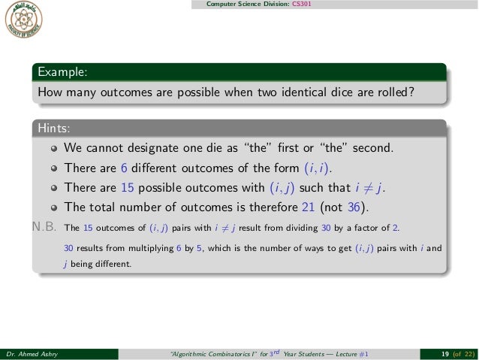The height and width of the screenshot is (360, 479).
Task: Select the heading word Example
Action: click(x=59, y=73)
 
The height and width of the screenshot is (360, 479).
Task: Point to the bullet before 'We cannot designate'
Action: click(x=53, y=147)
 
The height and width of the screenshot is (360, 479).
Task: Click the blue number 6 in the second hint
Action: click(x=125, y=167)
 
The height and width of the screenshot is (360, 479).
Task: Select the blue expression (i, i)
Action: click(x=310, y=167)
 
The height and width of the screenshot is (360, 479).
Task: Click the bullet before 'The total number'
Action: click(x=53, y=207)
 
